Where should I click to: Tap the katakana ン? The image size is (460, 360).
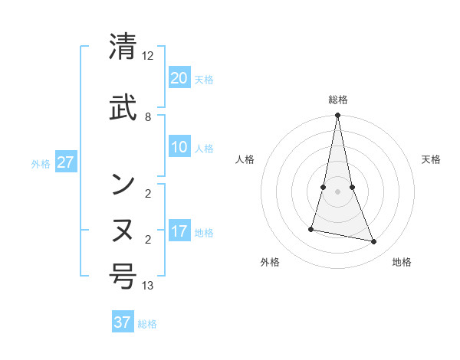123,183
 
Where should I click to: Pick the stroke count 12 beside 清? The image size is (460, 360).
148,56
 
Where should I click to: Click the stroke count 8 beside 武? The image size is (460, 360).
148,117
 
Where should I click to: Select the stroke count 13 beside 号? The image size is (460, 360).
148,286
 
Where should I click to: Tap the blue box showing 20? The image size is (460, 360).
179,78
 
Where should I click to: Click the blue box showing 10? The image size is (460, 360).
179,148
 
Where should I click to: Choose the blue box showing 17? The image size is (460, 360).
179,231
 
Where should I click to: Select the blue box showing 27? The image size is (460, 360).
65,162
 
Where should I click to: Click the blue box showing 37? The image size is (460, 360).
123,322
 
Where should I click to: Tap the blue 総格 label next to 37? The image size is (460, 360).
147,324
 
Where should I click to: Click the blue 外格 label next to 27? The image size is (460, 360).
41,163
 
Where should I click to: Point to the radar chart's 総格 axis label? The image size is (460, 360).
337,100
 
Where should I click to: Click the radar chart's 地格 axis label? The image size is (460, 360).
402,262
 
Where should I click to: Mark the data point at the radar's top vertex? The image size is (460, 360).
337,116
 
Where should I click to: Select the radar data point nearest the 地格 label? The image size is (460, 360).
373,242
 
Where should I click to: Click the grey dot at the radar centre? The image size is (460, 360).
337,191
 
